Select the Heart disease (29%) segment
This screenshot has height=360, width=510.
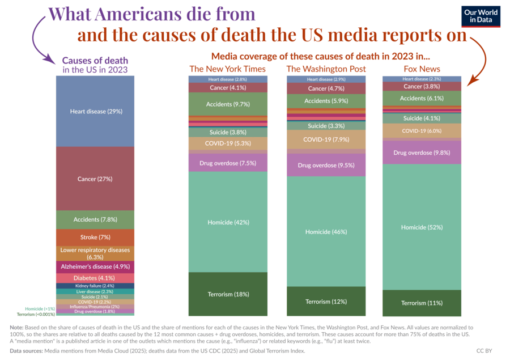click(x=95, y=111)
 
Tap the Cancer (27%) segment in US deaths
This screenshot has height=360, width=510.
click(x=95, y=179)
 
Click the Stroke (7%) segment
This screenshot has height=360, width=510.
click(x=95, y=236)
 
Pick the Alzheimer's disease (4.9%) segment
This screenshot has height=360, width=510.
click(x=95, y=266)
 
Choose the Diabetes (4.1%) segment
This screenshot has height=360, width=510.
click(x=95, y=278)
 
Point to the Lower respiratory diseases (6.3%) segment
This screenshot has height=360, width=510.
click(x=95, y=253)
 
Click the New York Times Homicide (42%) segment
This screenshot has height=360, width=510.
click(x=227, y=222)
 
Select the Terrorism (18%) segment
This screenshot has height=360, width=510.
click(x=227, y=294)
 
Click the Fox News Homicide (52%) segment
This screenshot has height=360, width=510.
click(x=422, y=227)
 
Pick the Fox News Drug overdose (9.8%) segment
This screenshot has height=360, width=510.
click(x=422, y=152)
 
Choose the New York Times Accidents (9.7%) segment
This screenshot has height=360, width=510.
click(x=227, y=104)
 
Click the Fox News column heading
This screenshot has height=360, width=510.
click(x=422, y=69)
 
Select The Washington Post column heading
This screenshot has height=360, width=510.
click(x=325, y=69)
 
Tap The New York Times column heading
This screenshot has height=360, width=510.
click(x=227, y=69)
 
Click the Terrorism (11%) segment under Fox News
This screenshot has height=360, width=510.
click(x=422, y=303)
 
